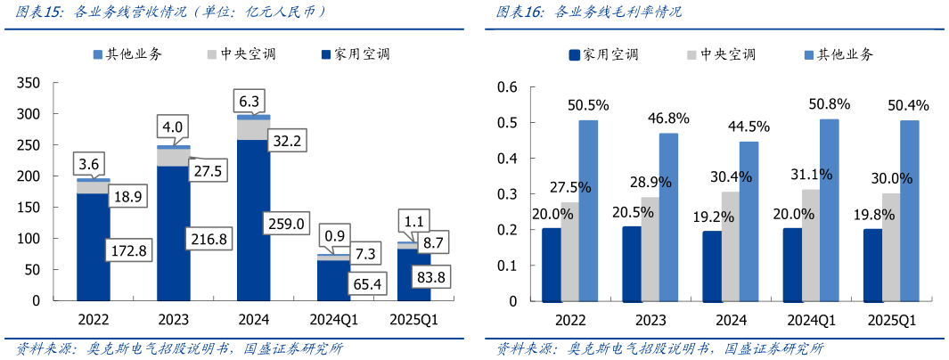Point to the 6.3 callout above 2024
pos(250,101)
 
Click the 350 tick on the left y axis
pos(29,83)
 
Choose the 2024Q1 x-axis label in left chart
pos(333,319)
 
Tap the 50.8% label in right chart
pos(828,103)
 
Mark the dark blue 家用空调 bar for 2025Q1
pos(872,265)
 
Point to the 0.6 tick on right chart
pos(507,87)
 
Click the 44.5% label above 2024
pos(748,126)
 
